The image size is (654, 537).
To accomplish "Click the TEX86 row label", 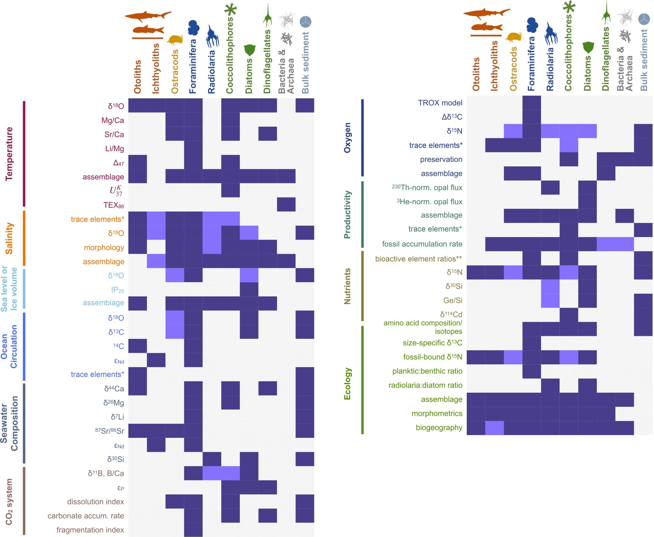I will pyautogui.click(x=113, y=205).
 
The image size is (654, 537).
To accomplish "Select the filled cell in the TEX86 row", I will pyautogui.click(x=286, y=204).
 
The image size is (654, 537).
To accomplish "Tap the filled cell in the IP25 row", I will pyautogui.click(x=249, y=289).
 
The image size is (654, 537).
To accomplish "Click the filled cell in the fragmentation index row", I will pyautogui.click(x=193, y=530).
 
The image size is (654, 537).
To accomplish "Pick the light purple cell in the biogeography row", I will pyautogui.click(x=494, y=428).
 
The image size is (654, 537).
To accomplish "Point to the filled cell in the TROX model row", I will pyautogui.click(x=532, y=103).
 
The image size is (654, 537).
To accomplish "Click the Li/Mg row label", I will pyautogui.click(x=114, y=148).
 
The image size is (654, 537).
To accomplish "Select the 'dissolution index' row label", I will pyautogui.click(x=95, y=501).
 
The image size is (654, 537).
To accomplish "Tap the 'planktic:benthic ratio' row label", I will pyautogui.click(x=427, y=371).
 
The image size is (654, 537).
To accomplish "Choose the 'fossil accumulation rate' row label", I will pyautogui.click(x=422, y=244).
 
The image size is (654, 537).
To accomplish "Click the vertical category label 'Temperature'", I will pyautogui.click(x=9, y=154).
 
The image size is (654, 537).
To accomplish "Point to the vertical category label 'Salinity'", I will pyautogui.click(x=9, y=238).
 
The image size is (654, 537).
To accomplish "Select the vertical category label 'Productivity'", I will pyautogui.click(x=347, y=215).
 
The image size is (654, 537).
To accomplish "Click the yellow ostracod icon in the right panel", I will pyautogui.click(x=513, y=37).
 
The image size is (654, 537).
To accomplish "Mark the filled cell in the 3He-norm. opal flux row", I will pyautogui.click(x=588, y=201).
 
